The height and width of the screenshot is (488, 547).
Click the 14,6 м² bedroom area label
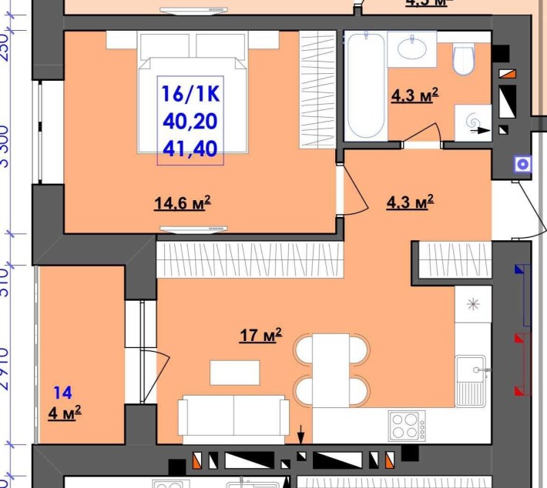[183, 203]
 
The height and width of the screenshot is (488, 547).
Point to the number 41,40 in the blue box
[190, 146]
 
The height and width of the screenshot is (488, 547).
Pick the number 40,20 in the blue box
[190, 120]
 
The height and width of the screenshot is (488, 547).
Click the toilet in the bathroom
[464, 58]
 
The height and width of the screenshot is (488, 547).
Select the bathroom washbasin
[411, 48]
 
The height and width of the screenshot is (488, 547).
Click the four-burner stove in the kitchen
[407, 426]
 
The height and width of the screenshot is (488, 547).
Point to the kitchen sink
[470, 379]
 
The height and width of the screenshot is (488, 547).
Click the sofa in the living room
[233, 416]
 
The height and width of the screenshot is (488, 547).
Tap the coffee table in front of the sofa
[235, 373]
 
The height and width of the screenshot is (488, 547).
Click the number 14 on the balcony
[62, 393]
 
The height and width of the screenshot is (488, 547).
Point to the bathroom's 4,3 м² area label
[414, 95]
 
